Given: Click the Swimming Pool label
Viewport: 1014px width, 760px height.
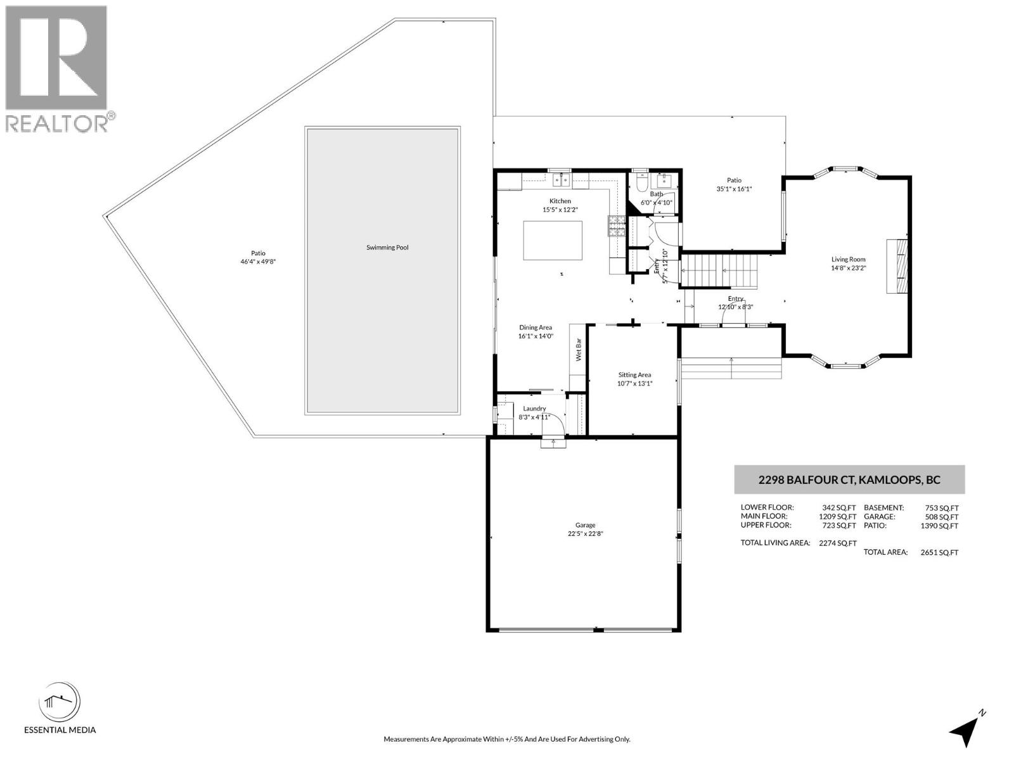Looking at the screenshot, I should (387, 248).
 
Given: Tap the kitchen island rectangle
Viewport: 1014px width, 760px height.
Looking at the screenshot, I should (553, 240).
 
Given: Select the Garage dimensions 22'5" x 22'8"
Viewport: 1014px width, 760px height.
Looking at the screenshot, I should (585, 534).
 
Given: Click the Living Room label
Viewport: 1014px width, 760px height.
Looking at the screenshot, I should (848, 259).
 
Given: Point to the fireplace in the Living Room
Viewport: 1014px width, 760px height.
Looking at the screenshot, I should (897, 266).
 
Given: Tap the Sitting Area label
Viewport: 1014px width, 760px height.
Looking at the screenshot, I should (634, 375).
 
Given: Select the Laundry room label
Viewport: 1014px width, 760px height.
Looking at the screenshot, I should (534, 409).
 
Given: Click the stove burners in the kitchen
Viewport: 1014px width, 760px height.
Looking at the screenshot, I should (617, 226).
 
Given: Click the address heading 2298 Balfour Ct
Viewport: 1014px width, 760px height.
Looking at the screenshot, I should (849, 480).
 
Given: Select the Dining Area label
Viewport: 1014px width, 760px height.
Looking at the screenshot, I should (536, 327).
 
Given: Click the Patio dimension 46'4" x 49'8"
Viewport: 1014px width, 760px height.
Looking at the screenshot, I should (258, 262).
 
